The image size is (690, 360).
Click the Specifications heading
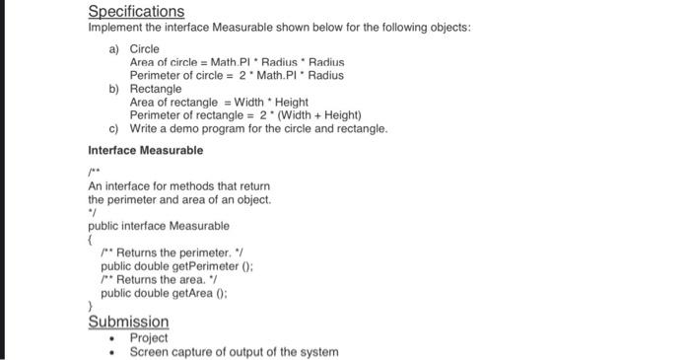coord(136,12)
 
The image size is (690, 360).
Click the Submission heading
coord(128,322)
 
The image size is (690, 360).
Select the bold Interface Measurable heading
coord(146,150)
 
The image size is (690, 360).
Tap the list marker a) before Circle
coord(113,48)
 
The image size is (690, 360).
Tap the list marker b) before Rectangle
coord(113,89)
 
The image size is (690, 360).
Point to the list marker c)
coord(113,128)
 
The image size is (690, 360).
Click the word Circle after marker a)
coord(145,48)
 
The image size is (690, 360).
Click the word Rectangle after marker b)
coord(156,89)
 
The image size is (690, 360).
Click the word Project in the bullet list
coord(149,337)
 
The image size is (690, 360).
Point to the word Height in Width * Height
coord(291,102)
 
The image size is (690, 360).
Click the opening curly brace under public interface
coord(91,239)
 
